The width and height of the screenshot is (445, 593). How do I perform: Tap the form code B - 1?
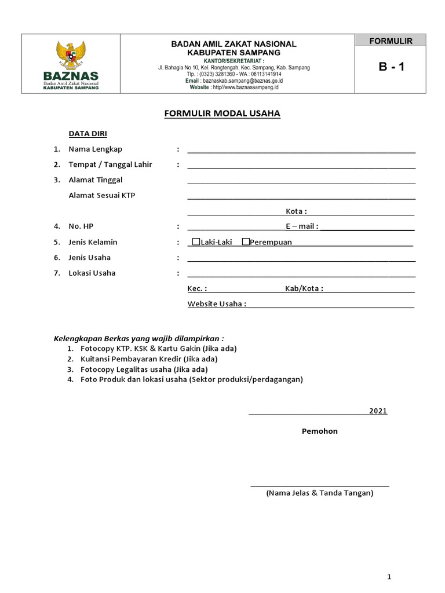click(x=392, y=67)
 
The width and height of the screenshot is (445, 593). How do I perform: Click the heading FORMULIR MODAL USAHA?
click(x=222, y=114)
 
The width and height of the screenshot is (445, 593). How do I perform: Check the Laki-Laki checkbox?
click(x=196, y=241)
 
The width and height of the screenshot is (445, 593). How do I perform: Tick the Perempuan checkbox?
click(x=246, y=241)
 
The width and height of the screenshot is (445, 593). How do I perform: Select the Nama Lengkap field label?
click(x=96, y=149)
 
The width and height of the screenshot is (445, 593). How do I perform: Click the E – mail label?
click(x=301, y=226)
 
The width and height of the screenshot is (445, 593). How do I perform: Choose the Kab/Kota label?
click(x=304, y=288)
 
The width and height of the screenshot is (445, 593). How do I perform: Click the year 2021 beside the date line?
click(x=378, y=411)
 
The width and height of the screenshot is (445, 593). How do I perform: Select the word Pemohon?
click(x=319, y=431)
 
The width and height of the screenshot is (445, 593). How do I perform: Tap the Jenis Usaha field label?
click(x=90, y=257)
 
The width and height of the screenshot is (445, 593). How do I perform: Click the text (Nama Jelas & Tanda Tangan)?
click(x=320, y=493)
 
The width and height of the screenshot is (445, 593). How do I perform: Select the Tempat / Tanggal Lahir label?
click(x=110, y=164)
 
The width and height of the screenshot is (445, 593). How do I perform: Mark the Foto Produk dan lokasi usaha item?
click(x=191, y=380)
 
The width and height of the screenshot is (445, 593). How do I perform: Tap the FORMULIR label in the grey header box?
click(x=392, y=41)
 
